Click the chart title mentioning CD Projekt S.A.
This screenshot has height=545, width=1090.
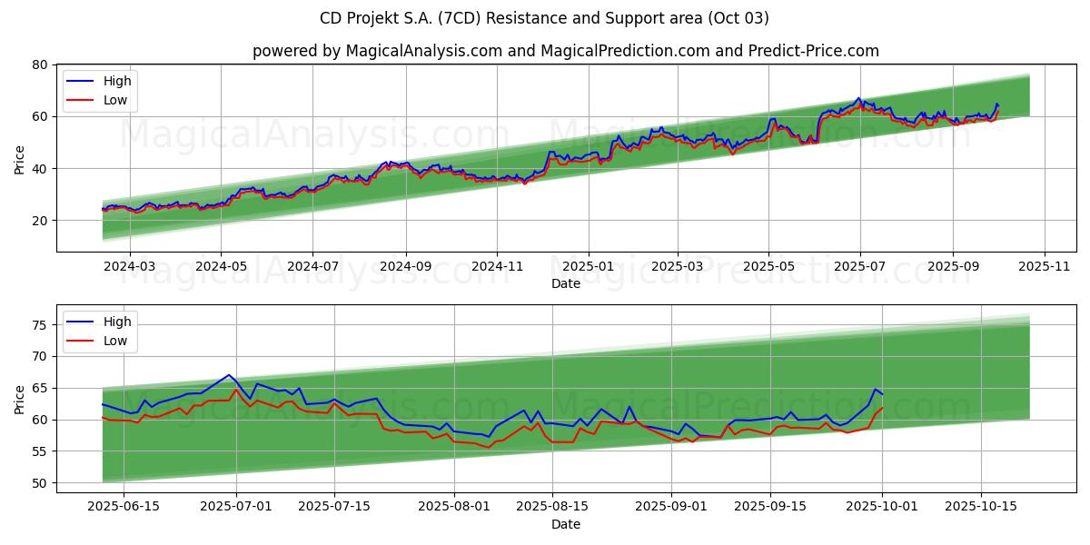tap(544, 18)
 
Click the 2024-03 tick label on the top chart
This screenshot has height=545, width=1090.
tap(129, 266)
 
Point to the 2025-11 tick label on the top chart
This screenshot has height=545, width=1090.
tap(1045, 266)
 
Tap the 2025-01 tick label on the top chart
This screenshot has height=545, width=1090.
tap(588, 266)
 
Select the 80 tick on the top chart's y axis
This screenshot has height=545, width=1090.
tap(39, 64)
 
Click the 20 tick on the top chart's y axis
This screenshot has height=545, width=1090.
tap(39, 221)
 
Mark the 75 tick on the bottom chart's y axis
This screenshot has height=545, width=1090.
tap(39, 325)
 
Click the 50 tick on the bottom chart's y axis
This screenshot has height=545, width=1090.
tap(39, 483)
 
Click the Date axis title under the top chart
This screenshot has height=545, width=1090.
tap(565, 283)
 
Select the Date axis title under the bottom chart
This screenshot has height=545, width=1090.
tap(565, 524)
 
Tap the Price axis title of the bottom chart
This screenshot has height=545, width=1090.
tap(20, 400)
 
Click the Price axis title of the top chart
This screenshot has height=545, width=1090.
tap(20, 159)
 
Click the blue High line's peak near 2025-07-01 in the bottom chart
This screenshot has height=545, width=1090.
tap(230, 374)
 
